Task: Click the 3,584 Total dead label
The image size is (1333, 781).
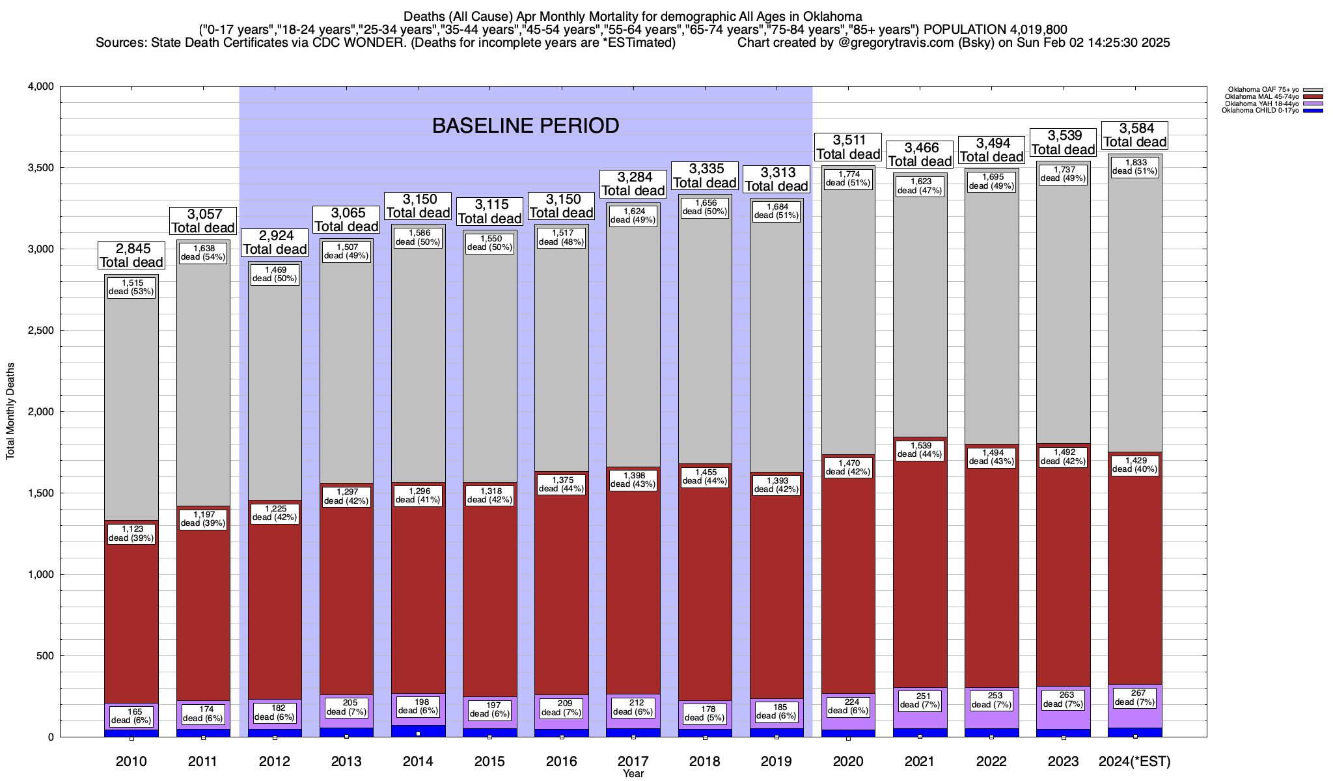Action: (1135, 135)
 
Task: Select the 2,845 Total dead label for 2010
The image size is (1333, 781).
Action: (131, 255)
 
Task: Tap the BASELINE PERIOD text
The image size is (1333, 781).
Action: (525, 126)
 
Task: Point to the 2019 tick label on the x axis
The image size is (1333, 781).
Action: (776, 761)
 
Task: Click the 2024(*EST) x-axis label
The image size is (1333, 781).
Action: (1134, 761)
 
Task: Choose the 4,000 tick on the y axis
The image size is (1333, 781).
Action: (41, 87)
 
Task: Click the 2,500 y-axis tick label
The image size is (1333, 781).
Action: (41, 331)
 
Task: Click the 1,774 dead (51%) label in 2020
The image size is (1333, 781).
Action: (848, 178)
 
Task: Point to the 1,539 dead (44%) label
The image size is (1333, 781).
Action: (920, 450)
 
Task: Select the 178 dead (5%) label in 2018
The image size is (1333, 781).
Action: (705, 713)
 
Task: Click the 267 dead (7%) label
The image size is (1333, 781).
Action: (1135, 698)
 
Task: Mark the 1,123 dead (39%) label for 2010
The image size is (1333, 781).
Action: (131, 534)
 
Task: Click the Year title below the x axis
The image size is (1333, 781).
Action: (633, 774)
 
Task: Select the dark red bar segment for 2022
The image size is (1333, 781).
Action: (991, 586)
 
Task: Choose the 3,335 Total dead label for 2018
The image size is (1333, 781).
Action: (705, 176)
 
